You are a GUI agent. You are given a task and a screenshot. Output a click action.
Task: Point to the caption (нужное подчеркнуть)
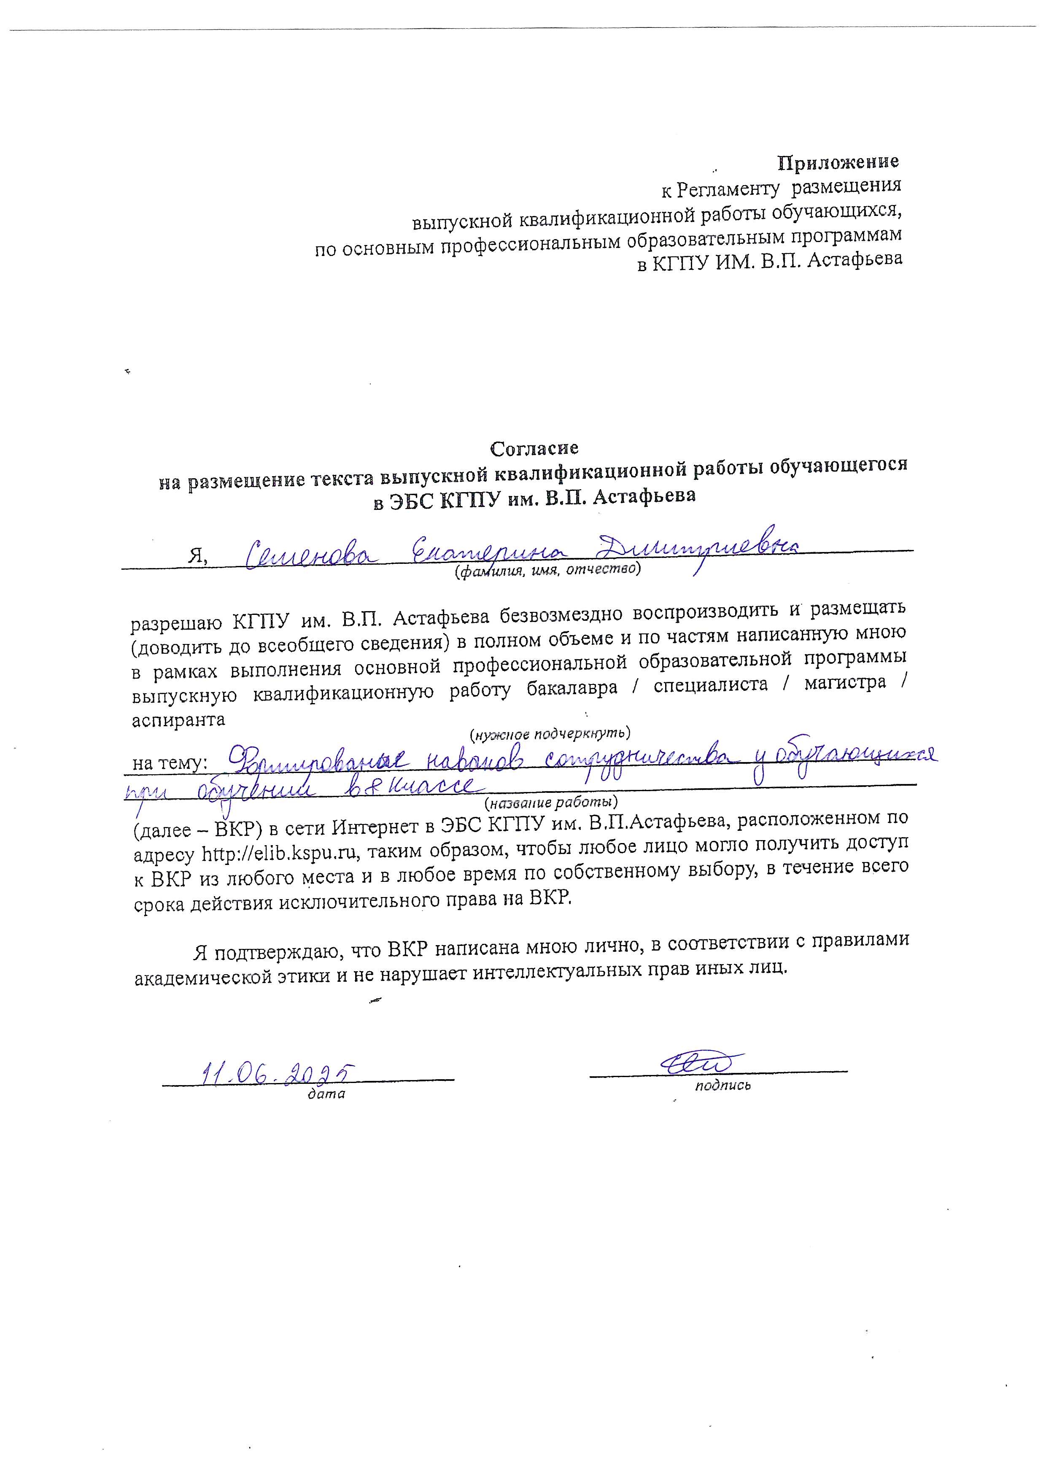[x=550, y=733]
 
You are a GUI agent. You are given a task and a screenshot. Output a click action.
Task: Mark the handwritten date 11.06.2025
[x=278, y=1072]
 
